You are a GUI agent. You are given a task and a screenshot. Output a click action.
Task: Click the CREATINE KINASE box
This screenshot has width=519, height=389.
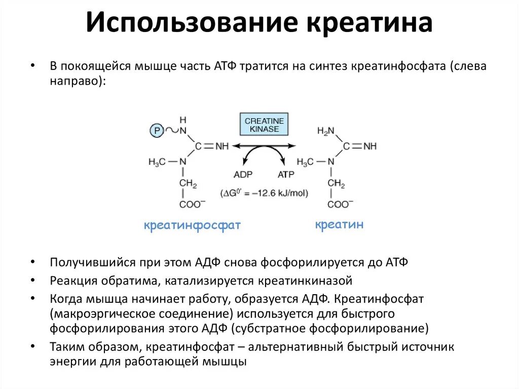[x=264, y=125]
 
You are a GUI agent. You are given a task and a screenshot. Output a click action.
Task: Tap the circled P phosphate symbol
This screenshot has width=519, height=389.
[x=157, y=131]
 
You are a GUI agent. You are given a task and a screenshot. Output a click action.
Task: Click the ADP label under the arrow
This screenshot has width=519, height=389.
[x=243, y=174]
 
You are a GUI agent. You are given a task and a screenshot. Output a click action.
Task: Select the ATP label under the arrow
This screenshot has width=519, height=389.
[x=285, y=174]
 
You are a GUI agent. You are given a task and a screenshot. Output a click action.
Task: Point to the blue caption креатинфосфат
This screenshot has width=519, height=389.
[x=192, y=225]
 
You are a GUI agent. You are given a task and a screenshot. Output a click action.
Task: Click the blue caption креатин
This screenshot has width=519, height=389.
[x=339, y=225]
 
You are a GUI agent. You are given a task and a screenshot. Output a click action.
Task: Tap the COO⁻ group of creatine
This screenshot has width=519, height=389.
[x=338, y=204]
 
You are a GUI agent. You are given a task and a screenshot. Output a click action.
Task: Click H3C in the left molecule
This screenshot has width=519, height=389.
[x=158, y=162]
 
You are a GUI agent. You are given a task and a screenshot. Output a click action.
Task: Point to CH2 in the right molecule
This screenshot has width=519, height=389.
[x=336, y=183]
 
